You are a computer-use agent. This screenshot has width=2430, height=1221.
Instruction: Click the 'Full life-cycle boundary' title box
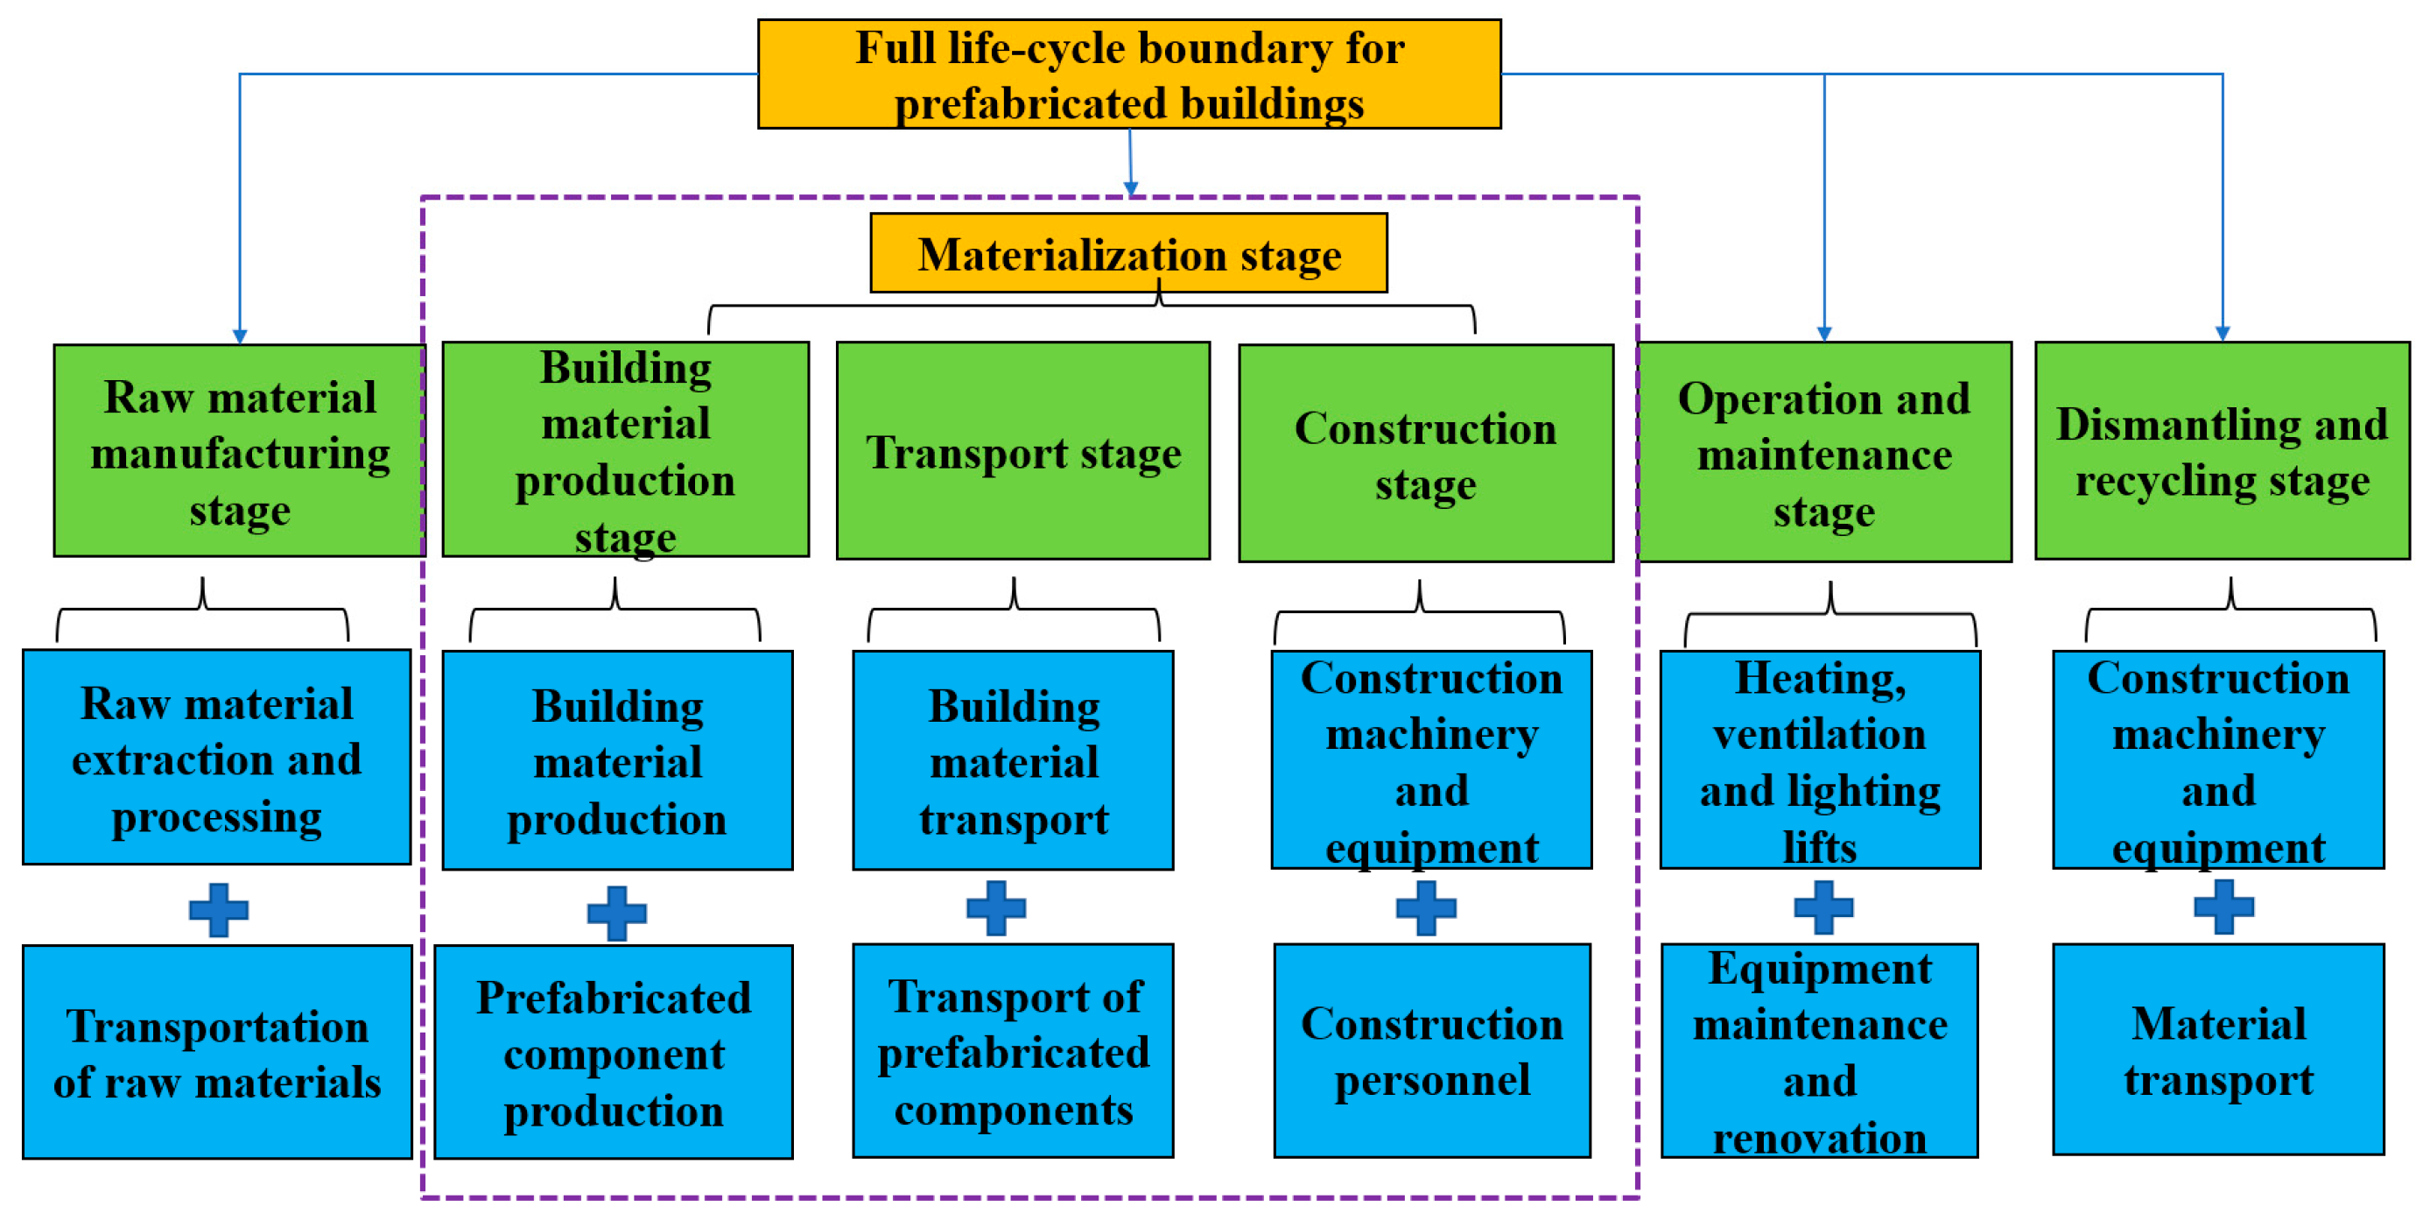click(1129, 74)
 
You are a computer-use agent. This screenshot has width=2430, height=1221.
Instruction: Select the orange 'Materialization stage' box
click(1128, 253)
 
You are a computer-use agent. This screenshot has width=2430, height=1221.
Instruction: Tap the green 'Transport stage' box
click(1022, 451)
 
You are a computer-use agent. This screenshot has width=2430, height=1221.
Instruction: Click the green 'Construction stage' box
click(1425, 453)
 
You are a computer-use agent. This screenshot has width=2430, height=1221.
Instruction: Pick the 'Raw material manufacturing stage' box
click(240, 451)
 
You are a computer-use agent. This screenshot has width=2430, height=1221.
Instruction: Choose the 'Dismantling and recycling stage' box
click(2222, 451)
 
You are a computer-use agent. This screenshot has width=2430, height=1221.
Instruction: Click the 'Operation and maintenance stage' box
click(1823, 453)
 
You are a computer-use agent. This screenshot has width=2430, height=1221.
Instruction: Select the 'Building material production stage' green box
click(625, 449)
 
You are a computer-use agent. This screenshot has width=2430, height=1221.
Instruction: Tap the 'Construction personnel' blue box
click(1431, 1050)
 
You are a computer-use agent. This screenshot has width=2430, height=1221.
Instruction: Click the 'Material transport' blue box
click(2218, 1049)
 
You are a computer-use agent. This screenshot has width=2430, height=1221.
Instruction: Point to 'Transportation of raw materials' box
click(217, 1052)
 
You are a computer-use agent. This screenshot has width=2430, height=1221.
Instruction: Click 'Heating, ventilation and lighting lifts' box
click(1820, 759)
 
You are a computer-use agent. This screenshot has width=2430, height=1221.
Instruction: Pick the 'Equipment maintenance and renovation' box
click(1819, 1050)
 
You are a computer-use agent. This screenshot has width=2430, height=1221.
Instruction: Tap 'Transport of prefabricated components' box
click(1013, 1050)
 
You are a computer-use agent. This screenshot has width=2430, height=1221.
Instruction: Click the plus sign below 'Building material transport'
click(996, 907)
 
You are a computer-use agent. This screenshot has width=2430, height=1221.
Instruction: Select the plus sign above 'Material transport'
click(2223, 907)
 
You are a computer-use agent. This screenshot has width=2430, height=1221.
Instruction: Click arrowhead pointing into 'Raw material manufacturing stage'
click(240, 337)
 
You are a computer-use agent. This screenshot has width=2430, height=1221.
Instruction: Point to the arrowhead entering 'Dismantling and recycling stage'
click(2223, 334)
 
